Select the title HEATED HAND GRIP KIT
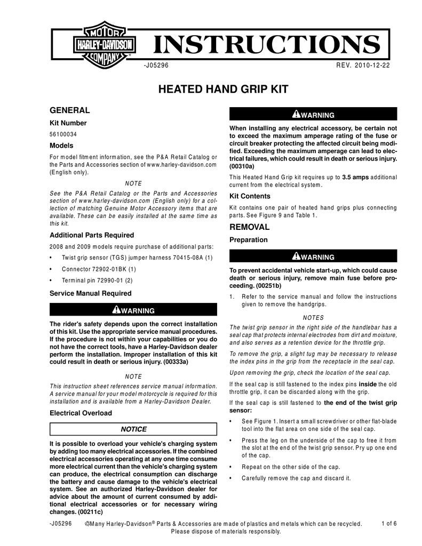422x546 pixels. pos(224,89)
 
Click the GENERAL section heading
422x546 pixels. pos(69,110)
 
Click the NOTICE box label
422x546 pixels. pos(133,429)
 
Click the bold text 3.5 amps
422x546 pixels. pos(355,176)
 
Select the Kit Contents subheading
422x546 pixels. pos(250,196)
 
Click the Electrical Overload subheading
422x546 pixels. pos(81,413)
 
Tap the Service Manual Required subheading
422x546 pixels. pos(90,293)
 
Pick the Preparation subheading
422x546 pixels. pos(248,240)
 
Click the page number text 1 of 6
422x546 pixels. pos(389,523)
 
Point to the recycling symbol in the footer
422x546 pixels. pos(87,524)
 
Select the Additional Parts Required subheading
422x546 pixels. pos(92,235)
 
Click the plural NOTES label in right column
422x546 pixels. pos(313,317)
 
